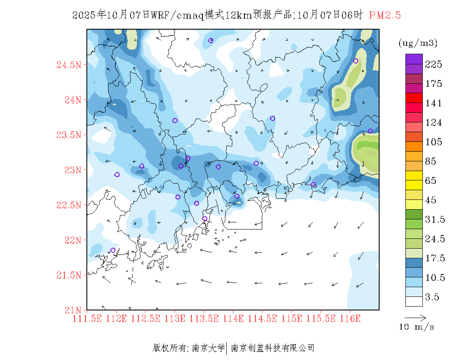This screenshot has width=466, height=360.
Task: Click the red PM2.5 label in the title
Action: [385, 15]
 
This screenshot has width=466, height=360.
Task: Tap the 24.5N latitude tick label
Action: [69, 65]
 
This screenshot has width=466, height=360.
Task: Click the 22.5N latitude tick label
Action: [69, 205]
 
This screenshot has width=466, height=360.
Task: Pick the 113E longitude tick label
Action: [175, 318]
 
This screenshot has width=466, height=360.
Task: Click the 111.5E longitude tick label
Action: [87, 318]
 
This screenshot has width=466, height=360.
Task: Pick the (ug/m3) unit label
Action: [418, 43]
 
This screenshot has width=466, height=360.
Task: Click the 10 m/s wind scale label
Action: [417, 327]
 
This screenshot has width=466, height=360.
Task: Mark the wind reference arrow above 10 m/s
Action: [415, 317]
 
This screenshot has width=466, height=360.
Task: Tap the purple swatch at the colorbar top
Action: [414, 59]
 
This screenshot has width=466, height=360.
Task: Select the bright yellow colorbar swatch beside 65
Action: [414, 175]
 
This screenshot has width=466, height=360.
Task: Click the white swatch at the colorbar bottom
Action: [414, 301]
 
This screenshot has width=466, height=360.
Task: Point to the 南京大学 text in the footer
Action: [208, 348]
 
